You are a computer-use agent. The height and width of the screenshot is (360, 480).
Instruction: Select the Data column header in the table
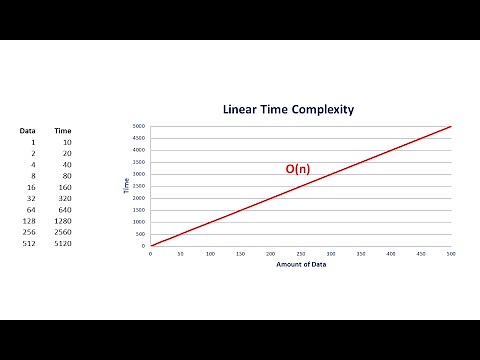pos(28,131)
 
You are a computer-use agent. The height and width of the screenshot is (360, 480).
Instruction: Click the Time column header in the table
pos(62,131)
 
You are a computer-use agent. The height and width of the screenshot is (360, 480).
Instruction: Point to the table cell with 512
pos(29,244)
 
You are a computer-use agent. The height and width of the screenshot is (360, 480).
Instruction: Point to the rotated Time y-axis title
pos(127,187)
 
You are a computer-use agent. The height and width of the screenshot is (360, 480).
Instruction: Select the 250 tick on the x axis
pos(300,254)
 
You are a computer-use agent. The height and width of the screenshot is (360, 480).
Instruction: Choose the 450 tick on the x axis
pos(421,254)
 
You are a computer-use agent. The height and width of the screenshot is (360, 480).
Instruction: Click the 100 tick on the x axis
pos(210,254)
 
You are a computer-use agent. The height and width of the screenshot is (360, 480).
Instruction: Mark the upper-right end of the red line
pos(451,127)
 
